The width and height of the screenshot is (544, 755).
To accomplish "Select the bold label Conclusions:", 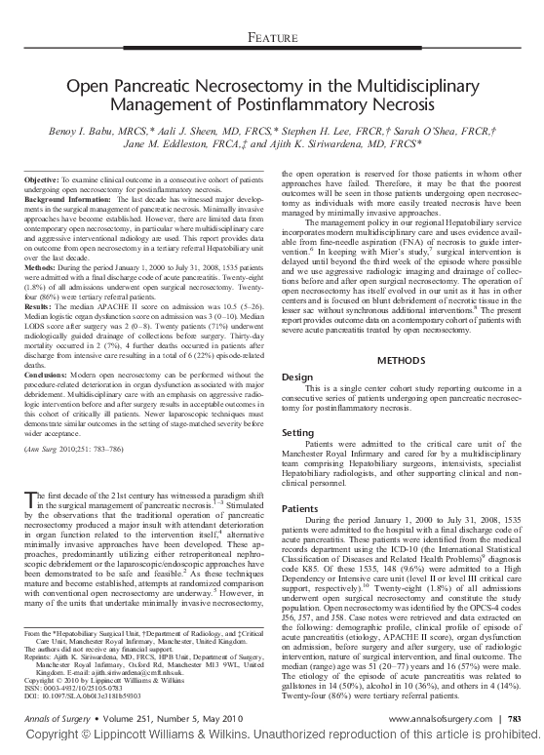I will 47,374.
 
